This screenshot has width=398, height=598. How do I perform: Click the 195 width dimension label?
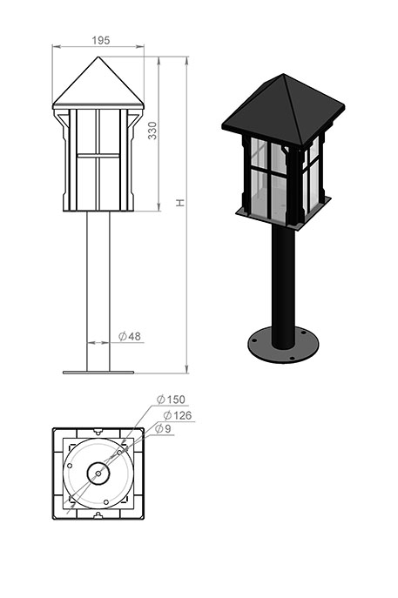[101, 40]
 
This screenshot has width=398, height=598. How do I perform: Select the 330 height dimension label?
[152, 131]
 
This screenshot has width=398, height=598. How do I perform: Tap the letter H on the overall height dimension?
[180, 203]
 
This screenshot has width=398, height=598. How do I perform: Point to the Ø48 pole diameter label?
[130, 336]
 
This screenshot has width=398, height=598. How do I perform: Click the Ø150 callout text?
[171, 400]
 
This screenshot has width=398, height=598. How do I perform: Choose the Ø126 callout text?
[178, 415]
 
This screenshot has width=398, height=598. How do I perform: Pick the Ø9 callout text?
[164, 428]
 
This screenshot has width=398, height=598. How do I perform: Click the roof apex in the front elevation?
[98, 57]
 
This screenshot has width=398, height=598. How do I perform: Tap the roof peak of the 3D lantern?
[283, 74]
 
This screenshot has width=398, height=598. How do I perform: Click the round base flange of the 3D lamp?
[283, 346]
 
